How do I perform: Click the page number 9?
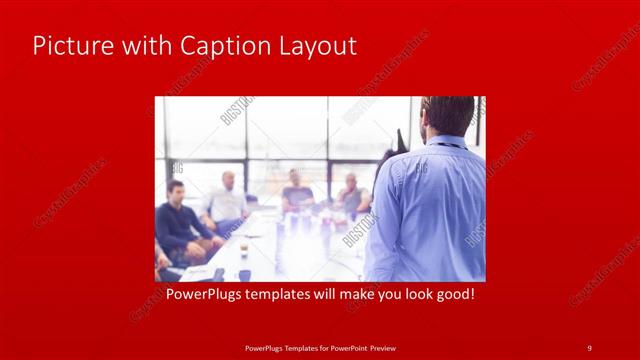[x=589, y=347]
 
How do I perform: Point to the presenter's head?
[x=447, y=115]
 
